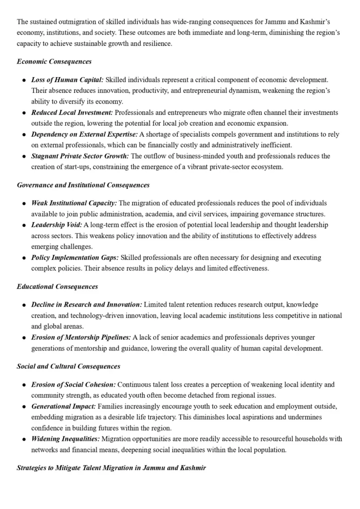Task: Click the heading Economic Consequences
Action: click(x=54, y=62)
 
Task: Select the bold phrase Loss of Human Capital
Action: click(x=68, y=80)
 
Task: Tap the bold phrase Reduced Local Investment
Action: click(x=72, y=112)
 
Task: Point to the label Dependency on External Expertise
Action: click(x=85, y=134)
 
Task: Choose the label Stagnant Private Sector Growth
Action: click(x=80, y=156)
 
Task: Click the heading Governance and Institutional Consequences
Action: click(x=83, y=185)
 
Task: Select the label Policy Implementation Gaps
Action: click(x=75, y=257)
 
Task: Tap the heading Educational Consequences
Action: click(x=57, y=286)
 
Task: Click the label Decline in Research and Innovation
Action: click(x=87, y=304)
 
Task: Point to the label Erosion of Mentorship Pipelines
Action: click(x=81, y=337)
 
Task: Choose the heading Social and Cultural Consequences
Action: click(x=69, y=366)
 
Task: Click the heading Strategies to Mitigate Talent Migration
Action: click(x=111, y=468)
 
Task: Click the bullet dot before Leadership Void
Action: click(x=24, y=225)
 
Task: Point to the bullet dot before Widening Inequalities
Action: click(x=24, y=439)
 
